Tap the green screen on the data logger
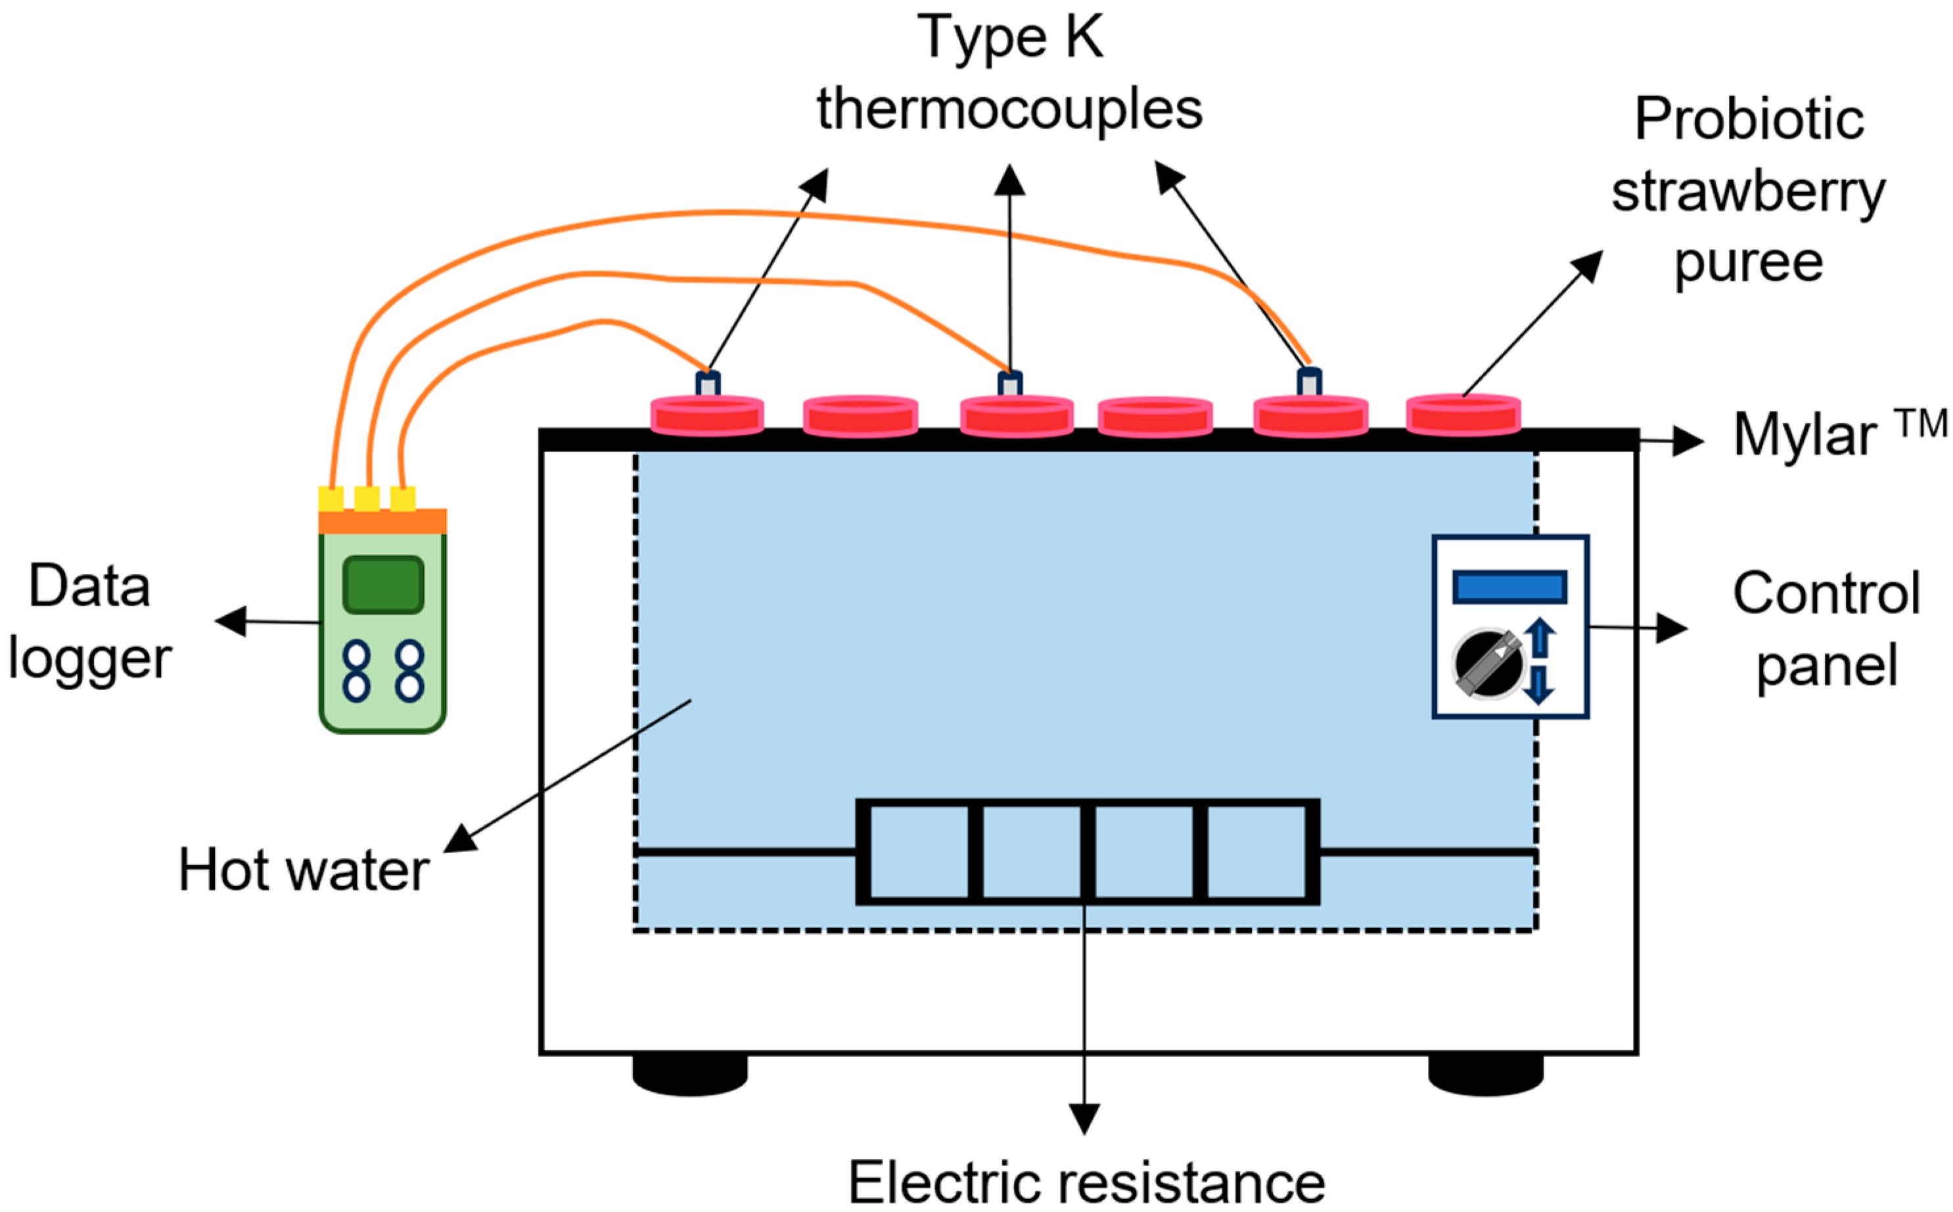(383, 584)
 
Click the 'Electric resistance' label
(1087, 1182)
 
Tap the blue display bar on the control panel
(1510, 587)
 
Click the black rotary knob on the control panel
(1488, 664)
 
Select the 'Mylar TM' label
(1840, 433)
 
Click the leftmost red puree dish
(707, 416)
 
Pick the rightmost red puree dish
(1463, 415)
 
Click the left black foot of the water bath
(690, 1074)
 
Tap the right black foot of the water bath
(1486, 1074)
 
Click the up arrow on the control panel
(1540, 638)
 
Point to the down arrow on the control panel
(1539, 684)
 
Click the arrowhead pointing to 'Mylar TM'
(1689, 441)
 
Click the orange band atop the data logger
(382, 521)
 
